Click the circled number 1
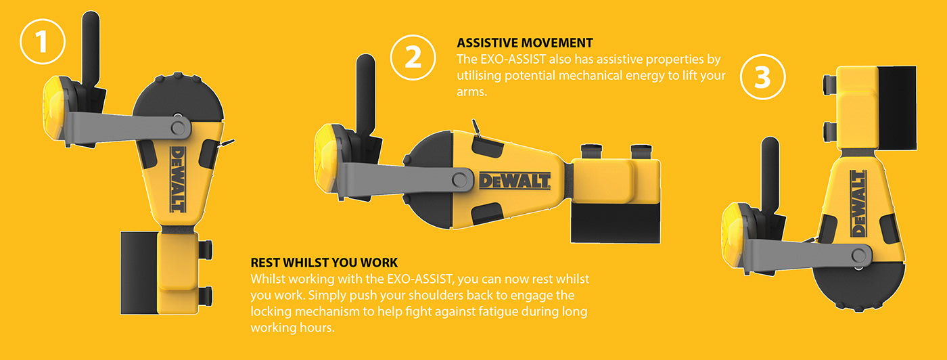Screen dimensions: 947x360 42,41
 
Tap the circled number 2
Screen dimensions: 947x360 413,57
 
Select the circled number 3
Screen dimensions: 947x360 763,77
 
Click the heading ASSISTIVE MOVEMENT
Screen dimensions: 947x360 525,43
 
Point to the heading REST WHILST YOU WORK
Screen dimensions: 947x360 324,263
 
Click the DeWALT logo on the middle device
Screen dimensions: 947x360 515,181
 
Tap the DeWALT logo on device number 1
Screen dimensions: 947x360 177,179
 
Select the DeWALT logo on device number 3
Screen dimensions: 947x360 858,203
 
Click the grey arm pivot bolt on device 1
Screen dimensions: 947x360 178,127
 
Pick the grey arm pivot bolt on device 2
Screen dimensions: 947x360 459,180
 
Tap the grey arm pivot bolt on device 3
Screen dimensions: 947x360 859,255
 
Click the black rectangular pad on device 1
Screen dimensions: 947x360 139,273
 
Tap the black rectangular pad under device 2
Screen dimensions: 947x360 615,223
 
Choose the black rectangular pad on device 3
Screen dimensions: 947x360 897,108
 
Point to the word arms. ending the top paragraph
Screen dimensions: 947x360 472,92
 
